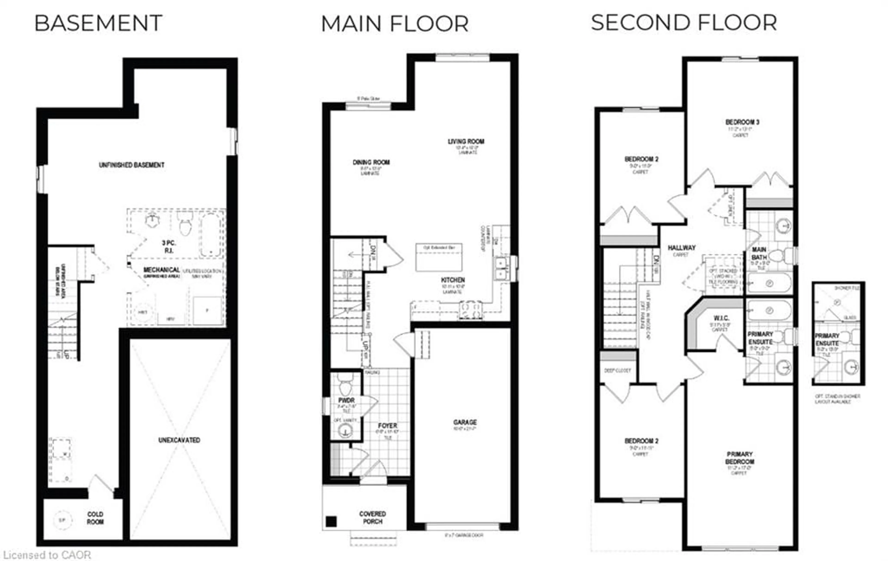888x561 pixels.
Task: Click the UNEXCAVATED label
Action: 179,440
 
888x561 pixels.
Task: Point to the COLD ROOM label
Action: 95,518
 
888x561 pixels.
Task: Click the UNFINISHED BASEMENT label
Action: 132,165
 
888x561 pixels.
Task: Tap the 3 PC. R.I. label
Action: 169,246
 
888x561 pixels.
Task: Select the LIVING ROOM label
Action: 466,141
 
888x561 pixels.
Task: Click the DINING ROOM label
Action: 371,162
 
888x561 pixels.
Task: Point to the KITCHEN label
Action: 453,280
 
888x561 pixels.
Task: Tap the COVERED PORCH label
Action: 373,518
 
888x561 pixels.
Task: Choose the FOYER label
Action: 387,426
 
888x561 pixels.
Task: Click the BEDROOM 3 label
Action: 742,122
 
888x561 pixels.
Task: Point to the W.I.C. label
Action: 721,318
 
